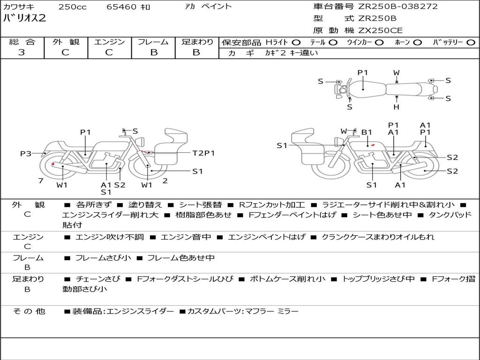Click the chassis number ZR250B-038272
click(x=397, y=7)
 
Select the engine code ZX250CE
click(x=380, y=30)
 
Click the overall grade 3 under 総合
click(x=22, y=52)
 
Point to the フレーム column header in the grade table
click(x=153, y=42)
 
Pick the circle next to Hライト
click(x=296, y=43)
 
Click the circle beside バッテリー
click(x=471, y=43)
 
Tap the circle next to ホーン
click(x=418, y=43)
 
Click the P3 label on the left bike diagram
click(x=26, y=153)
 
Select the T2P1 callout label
click(x=203, y=153)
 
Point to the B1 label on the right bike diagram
click(x=367, y=132)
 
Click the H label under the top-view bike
click(x=397, y=107)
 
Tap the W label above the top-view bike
click(x=397, y=73)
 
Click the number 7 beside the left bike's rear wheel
click(x=41, y=180)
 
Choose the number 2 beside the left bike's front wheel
click(x=165, y=180)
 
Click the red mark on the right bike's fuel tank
click(x=373, y=145)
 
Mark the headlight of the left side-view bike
click(x=141, y=142)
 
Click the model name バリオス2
click(x=24, y=18)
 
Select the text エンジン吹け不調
click(x=110, y=237)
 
